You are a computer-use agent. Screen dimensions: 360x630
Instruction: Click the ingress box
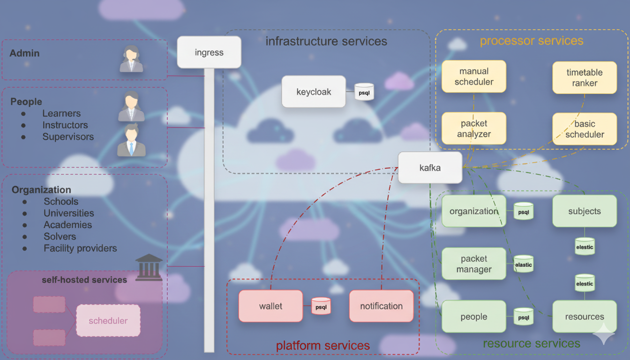[209, 52]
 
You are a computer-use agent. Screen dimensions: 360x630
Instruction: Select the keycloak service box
[314, 91]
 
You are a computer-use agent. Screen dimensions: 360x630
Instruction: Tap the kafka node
[430, 167]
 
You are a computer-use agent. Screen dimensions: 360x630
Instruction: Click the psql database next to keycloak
[364, 92]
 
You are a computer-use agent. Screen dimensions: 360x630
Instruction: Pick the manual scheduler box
[474, 76]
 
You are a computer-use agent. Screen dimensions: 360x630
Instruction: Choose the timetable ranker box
[585, 77]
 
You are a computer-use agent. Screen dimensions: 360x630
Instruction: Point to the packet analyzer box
[474, 128]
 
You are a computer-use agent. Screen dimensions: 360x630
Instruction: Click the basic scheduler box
[585, 129]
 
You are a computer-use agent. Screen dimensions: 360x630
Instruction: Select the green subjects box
[585, 211]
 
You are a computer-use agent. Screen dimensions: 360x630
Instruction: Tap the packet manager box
[474, 264]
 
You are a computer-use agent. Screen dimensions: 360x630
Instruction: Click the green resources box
[585, 316]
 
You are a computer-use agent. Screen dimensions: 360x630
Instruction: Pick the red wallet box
[270, 306]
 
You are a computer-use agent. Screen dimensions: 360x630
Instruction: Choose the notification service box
[381, 306]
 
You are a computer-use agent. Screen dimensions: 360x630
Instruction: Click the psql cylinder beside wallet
[321, 306]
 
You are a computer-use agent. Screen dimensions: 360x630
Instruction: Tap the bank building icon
[149, 268]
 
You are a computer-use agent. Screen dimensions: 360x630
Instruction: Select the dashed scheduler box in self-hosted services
[108, 321]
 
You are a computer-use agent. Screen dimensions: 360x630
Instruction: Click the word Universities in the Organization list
[69, 213]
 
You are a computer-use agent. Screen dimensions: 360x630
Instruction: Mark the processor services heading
[532, 41]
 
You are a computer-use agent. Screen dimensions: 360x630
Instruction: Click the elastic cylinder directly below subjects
[585, 246]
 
